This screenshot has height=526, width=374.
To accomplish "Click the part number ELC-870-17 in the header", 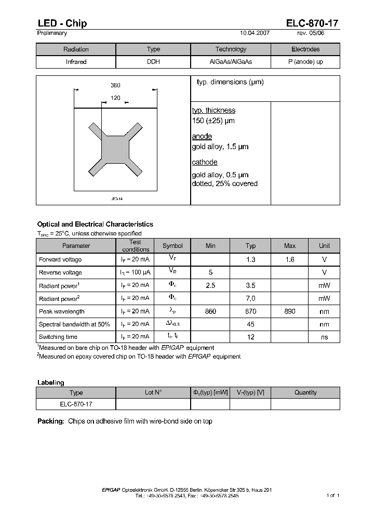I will click(x=312, y=23).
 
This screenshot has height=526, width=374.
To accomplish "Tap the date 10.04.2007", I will click(x=255, y=33).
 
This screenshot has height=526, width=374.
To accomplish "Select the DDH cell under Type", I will click(x=153, y=62).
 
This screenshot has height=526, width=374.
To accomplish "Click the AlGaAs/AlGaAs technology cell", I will click(x=231, y=62).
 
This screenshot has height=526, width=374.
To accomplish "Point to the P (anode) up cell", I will click(x=305, y=62).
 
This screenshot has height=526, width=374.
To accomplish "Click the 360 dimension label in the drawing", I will click(x=115, y=85).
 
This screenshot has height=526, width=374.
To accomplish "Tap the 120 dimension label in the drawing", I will click(x=115, y=98).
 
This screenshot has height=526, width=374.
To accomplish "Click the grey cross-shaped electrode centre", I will click(x=115, y=150).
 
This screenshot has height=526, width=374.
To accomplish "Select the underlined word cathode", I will click(x=205, y=162).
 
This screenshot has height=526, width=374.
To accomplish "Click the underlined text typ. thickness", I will click(x=213, y=110).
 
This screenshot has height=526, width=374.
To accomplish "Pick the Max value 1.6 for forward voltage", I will click(x=290, y=259).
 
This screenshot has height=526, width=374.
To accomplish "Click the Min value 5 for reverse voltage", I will click(x=210, y=272).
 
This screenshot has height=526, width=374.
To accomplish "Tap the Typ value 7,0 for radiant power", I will click(x=250, y=298).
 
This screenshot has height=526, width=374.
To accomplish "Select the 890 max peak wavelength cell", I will click(x=290, y=311).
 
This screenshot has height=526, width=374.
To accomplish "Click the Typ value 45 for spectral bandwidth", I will click(x=250, y=324).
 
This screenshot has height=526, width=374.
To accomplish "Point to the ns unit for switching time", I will click(x=324, y=337).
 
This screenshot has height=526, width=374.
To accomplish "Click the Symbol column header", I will click(x=172, y=246).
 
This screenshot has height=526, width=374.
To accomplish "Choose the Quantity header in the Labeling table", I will click(x=305, y=392).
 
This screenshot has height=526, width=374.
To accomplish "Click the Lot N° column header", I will click(x=153, y=392).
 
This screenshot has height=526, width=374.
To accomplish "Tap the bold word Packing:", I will click(x=50, y=421).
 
